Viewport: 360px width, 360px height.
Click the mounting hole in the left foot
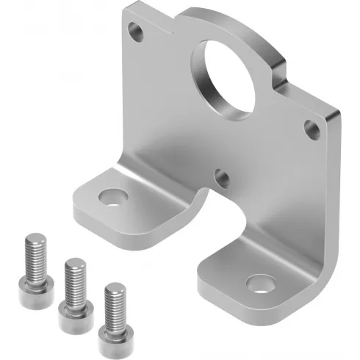pos(112,197)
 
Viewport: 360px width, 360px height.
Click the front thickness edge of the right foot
pos(250,308)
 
